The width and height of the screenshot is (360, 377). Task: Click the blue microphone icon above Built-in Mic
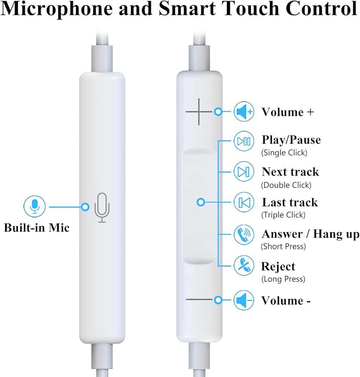coord(35,206)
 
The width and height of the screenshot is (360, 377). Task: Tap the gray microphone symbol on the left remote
coord(102,208)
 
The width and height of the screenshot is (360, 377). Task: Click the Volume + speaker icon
coord(244,112)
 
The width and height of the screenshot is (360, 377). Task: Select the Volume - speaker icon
coord(244,300)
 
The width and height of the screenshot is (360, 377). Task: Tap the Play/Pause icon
coord(244,141)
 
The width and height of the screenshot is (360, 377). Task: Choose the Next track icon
coord(244,172)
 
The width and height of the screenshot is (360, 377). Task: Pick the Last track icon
coord(244,202)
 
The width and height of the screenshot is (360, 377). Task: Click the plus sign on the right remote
coord(199,112)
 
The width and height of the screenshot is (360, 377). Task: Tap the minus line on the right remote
coord(199,300)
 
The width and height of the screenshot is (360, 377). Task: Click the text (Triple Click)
coord(283,215)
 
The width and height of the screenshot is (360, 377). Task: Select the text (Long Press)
coord(283,279)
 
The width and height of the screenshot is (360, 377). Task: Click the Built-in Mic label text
coord(37,228)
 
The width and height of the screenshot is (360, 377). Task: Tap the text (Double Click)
coord(286,185)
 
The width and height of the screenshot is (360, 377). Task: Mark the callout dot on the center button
coord(201,202)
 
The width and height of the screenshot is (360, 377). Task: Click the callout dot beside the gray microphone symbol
coord(86,206)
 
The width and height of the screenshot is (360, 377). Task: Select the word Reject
coord(278,267)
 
